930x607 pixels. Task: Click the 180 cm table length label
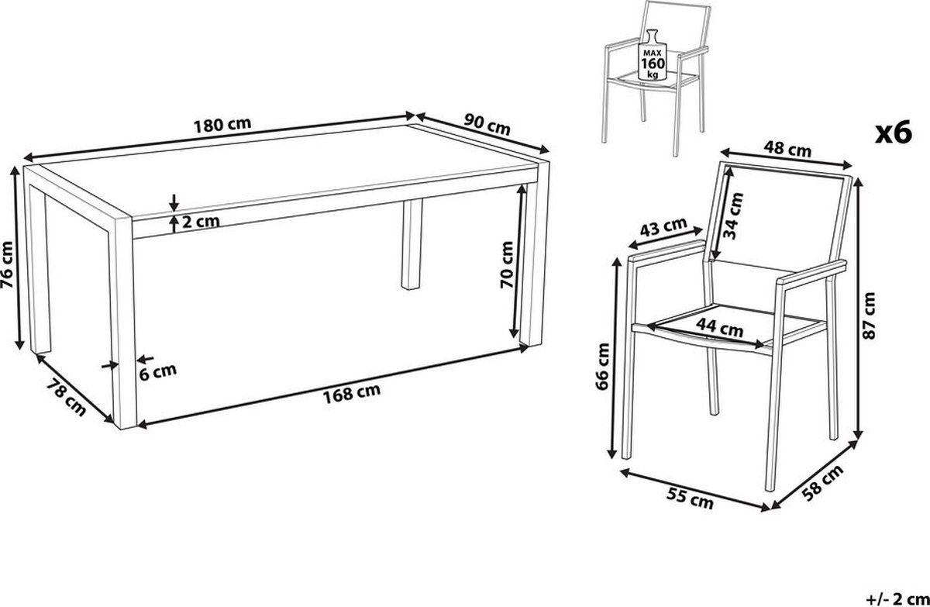pyautogui.click(x=222, y=125)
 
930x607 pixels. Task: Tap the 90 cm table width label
pyautogui.click(x=487, y=125)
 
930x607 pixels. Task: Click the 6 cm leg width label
pyautogui.click(x=158, y=371)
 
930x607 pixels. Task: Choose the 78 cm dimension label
pyautogui.click(x=67, y=398)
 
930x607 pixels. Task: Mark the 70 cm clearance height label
pyautogui.click(x=507, y=264)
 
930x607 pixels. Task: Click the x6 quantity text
pyautogui.click(x=894, y=132)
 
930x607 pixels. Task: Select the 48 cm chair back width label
pyautogui.click(x=787, y=149)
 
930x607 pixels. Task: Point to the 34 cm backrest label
pyautogui.click(x=733, y=216)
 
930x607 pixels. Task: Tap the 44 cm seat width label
pyautogui.click(x=719, y=328)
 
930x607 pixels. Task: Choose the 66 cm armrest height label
pyautogui.click(x=602, y=366)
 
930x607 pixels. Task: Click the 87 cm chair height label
pyautogui.click(x=869, y=316)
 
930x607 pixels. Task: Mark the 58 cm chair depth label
pyautogui.click(x=822, y=483)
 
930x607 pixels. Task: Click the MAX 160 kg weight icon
pyautogui.click(x=653, y=55)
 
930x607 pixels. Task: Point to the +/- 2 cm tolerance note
pyautogui.click(x=898, y=599)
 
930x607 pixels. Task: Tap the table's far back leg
pyautogui.click(x=412, y=244)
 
